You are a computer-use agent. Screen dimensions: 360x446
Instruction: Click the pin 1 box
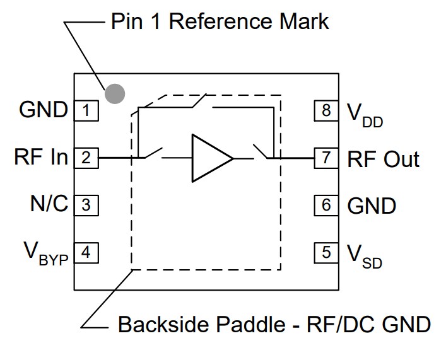click(x=86, y=111)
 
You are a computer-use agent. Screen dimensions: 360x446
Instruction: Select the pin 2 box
click(x=86, y=158)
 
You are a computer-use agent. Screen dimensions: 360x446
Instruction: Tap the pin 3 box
click(x=86, y=205)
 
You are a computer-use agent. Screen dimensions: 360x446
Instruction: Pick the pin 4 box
click(x=86, y=253)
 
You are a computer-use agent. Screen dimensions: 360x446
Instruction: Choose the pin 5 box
click(x=326, y=253)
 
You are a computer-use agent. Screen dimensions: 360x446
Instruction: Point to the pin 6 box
click(x=326, y=205)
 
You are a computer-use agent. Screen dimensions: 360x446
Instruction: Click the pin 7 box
click(x=326, y=158)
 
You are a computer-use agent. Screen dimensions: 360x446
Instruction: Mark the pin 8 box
click(x=326, y=111)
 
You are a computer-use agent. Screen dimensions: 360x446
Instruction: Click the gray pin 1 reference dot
click(x=115, y=93)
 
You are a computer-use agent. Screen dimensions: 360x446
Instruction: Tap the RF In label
click(x=40, y=158)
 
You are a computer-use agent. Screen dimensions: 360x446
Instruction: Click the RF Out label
click(x=383, y=158)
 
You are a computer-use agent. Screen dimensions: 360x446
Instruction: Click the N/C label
click(x=49, y=205)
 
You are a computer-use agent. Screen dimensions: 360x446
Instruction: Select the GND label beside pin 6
click(x=372, y=206)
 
